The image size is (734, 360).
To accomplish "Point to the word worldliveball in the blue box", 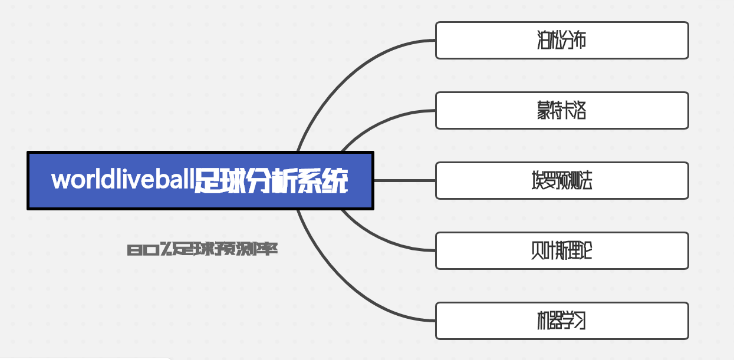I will [x=122, y=180].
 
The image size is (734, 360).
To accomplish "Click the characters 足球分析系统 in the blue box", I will [x=271, y=180].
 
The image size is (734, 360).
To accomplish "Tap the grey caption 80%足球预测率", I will [x=203, y=250].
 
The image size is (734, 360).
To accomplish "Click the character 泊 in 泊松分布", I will [x=543, y=40].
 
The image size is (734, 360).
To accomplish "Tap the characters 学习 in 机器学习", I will [x=574, y=321].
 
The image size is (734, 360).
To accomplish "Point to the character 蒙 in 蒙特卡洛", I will [x=543, y=110].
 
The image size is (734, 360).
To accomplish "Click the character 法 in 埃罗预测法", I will [x=584, y=180].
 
